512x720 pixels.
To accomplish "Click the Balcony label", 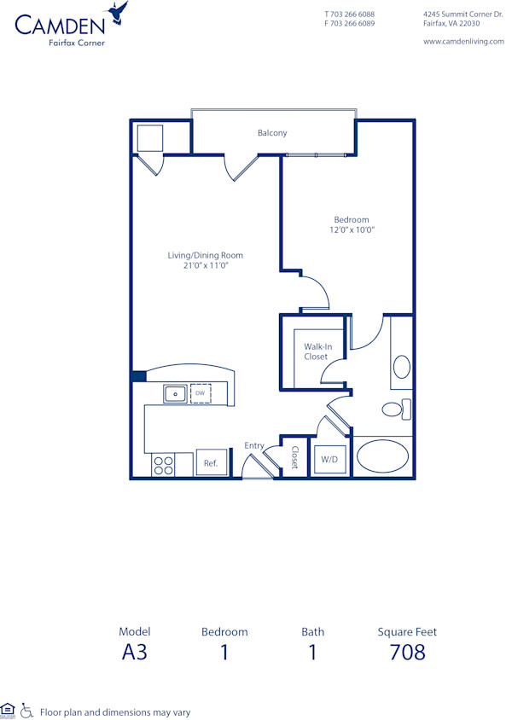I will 272,133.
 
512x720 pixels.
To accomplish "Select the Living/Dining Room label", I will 205,260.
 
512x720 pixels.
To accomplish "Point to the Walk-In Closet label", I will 316,351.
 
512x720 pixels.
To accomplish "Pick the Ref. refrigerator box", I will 211,462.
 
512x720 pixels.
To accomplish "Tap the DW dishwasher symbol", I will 200,393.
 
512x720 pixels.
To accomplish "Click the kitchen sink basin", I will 176,393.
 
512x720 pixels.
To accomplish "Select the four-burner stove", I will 163,464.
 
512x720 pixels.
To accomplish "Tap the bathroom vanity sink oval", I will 401,368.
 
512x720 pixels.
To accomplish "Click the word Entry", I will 254,445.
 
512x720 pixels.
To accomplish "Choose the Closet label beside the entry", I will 294,458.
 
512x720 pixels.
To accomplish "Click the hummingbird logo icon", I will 117,12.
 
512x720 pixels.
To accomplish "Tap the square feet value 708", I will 406,653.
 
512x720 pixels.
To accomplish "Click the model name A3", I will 135,653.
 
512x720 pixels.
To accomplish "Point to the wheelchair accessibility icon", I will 26,710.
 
